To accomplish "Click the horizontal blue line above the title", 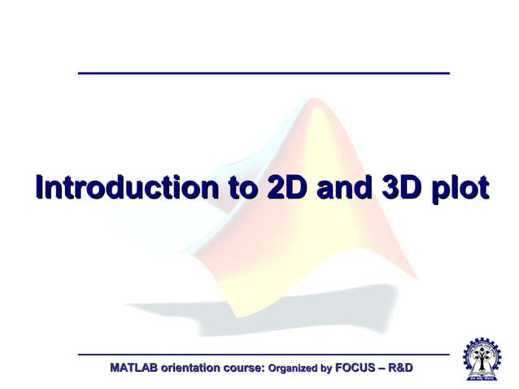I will point(264,73).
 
